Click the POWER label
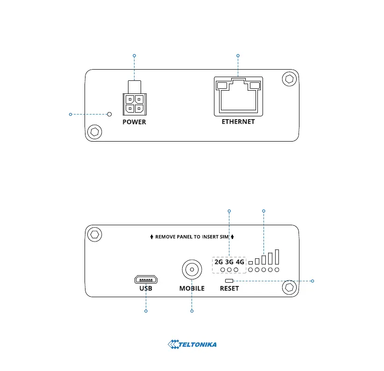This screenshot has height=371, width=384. click(x=134, y=122)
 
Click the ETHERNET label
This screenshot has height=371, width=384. click(x=238, y=121)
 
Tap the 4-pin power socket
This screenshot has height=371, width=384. click(x=134, y=104)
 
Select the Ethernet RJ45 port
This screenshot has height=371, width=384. click(x=238, y=96)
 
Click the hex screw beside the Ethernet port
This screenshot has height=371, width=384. click(x=289, y=79)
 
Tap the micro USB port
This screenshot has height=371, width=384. click(x=146, y=279)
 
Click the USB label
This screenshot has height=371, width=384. click(x=146, y=288)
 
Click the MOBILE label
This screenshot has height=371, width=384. click(x=192, y=288)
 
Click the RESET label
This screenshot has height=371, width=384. click(x=229, y=288)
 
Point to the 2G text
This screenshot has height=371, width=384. click(x=219, y=262)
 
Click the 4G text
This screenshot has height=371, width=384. click(x=240, y=262)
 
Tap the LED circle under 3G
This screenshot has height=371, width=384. click(x=229, y=270)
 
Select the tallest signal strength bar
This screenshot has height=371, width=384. click(x=277, y=257)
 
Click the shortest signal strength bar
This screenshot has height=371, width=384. click(x=251, y=263)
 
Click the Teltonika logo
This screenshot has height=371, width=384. click(x=192, y=345)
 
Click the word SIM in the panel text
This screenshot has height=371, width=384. click(x=225, y=237)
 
